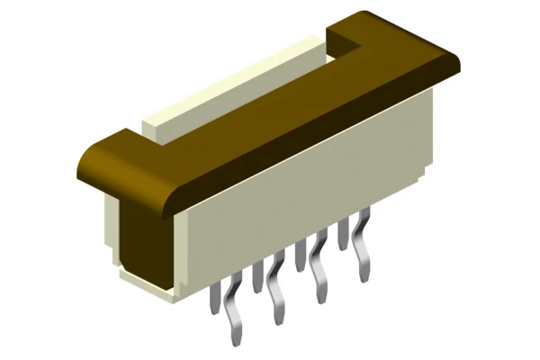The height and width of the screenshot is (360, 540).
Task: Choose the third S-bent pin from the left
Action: coord(318,270)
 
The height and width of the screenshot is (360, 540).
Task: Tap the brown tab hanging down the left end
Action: coord(144,234)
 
